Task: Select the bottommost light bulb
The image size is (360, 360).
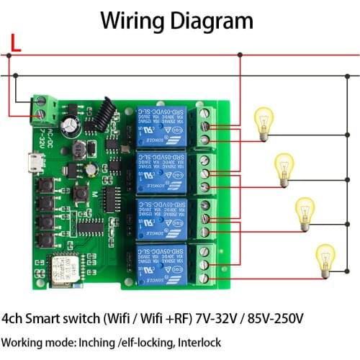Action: click(326, 258)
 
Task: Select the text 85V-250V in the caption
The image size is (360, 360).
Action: click(274, 318)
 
